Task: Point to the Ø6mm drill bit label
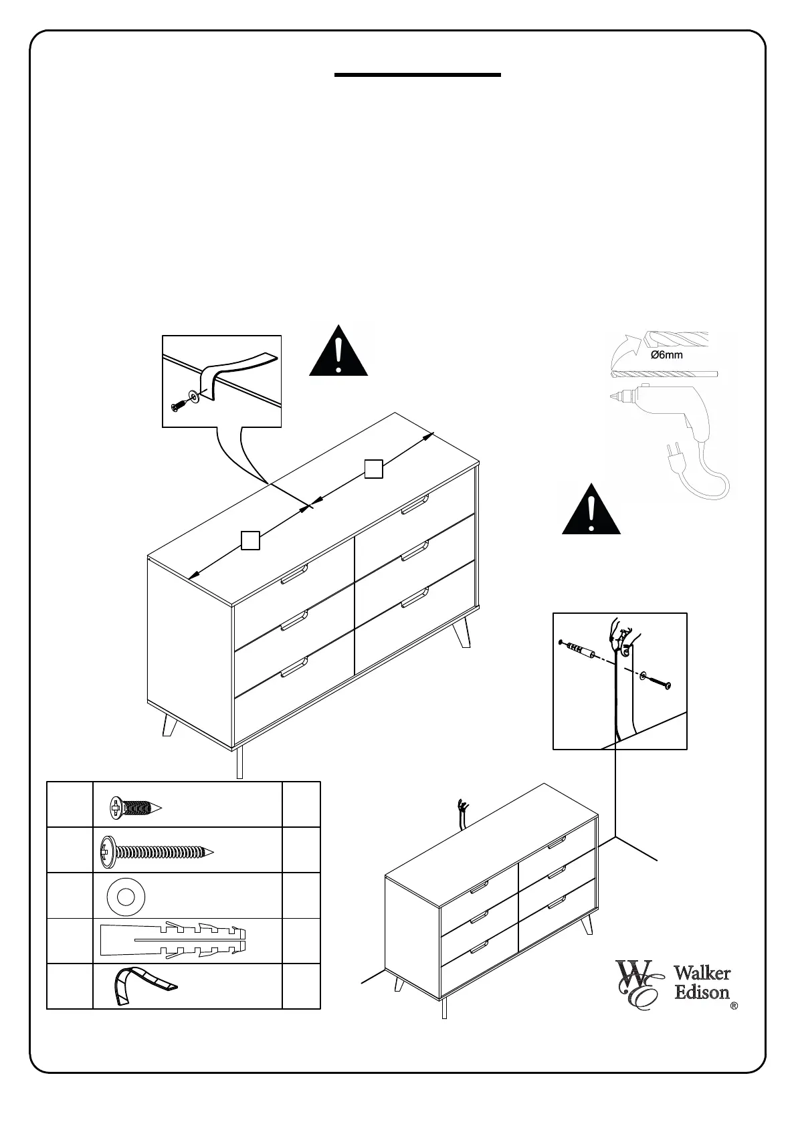point(667,355)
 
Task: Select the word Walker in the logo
point(702,974)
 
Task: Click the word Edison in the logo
point(702,993)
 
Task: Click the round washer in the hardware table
point(126,895)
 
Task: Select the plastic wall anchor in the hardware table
point(173,940)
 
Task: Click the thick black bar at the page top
point(417,75)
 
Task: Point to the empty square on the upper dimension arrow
point(374,469)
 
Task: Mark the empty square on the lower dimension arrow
point(250,540)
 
